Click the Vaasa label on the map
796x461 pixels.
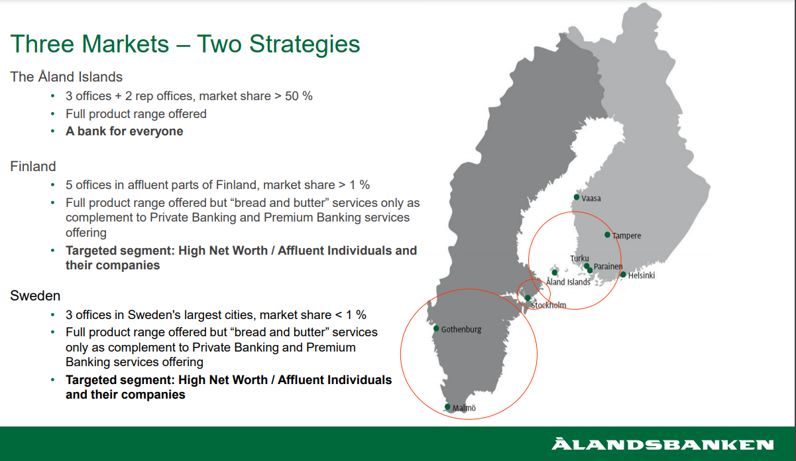coord(591,198)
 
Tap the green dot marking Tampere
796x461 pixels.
coord(607,235)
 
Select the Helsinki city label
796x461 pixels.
coord(642,275)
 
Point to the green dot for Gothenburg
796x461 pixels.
coord(436,328)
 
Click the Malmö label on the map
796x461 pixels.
coord(464,408)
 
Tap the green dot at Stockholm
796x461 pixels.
coord(528,298)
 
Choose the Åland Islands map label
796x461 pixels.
coord(568,282)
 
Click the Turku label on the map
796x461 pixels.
coord(579,258)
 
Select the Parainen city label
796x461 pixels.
coord(608,267)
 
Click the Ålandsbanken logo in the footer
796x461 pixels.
coord(662,444)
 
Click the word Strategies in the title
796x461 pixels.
coord(304,44)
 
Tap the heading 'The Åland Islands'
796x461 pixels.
coord(66,76)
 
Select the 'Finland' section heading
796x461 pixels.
coord(33,166)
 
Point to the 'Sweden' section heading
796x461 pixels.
coord(35,296)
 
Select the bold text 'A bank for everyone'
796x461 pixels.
coord(125,131)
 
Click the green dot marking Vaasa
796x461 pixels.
coord(577,197)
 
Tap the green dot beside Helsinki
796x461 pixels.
coord(623,274)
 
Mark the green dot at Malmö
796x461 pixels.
coord(447,407)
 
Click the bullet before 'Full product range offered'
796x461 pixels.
coord(52,114)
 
